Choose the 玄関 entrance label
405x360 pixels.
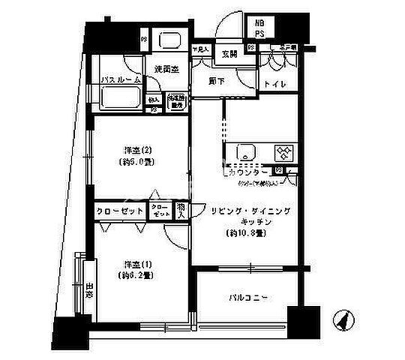click(x=229, y=53)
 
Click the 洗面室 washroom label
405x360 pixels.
click(x=166, y=69)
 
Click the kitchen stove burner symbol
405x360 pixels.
click(x=284, y=152)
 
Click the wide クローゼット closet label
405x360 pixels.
click(x=120, y=211)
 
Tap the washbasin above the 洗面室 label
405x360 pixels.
click(x=171, y=43)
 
